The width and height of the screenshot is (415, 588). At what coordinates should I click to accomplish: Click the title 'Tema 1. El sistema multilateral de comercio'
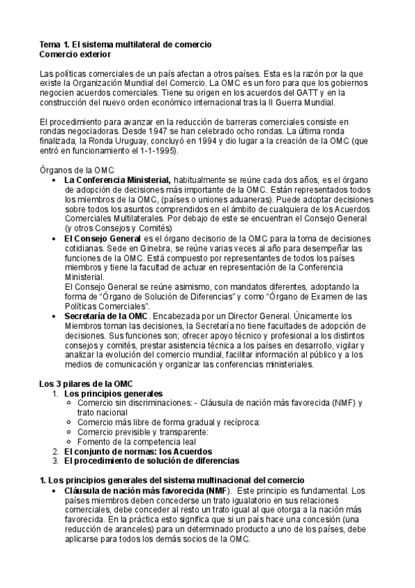(125, 44)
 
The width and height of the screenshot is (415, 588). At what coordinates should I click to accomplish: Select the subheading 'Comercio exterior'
(75, 53)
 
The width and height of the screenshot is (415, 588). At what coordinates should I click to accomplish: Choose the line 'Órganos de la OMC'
(76, 170)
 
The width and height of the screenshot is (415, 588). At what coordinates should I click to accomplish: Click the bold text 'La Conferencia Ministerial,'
(117, 180)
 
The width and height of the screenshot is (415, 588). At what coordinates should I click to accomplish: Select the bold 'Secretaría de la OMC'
(105, 315)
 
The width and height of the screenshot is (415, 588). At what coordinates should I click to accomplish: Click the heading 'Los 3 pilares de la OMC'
(85, 383)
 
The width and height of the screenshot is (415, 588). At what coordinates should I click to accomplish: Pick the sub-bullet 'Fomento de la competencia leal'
(136, 441)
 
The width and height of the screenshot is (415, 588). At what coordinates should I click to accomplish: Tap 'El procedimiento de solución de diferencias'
(151, 460)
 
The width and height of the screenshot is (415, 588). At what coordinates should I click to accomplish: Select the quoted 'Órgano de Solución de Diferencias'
(167, 296)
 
